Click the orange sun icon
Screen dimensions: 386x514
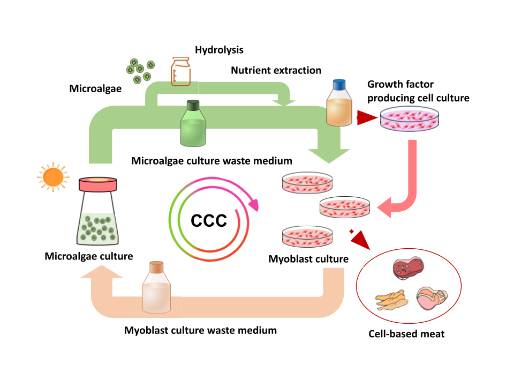pyautogui.click(x=53, y=176)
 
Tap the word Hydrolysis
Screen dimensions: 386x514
pyautogui.click(x=219, y=50)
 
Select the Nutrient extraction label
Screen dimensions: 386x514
pyautogui.click(x=276, y=70)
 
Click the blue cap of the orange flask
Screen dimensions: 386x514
pyautogui.click(x=339, y=85)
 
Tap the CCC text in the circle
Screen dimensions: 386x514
pyautogui.click(x=209, y=220)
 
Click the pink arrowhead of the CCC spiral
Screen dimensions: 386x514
pyautogui.click(x=253, y=204)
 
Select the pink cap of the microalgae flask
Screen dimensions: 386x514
pyautogui.click(x=99, y=184)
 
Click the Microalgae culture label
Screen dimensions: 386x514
pyautogui.click(x=89, y=256)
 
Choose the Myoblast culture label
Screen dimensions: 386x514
pyautogui.click(x=308, y=259)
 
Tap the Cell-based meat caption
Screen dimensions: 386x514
pyautogui.click(x=407, y=334)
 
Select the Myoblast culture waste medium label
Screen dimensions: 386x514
pyautogui.click(x=200, y=330)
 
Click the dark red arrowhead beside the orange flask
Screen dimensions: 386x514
pyautogui.click(x=366, y=117)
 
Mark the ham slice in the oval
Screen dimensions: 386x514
pyautogui.click(x=433, y=298)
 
